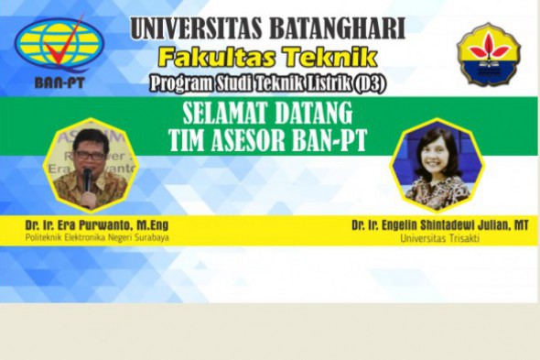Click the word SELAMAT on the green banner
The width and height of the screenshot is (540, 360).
point(218,117)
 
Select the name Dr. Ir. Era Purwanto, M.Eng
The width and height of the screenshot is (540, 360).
point(98,224)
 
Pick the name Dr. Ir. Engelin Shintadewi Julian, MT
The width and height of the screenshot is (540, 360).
point(439,224)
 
